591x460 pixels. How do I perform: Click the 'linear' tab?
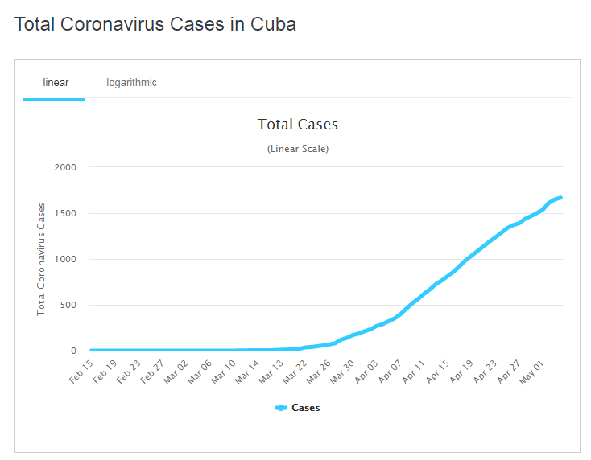point(56,83)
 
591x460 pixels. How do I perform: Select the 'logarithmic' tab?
point(131,83)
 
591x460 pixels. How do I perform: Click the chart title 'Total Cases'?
point(297,125)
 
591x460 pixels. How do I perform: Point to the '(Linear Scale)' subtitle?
point(297,149)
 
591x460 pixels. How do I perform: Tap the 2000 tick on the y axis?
point(65,167)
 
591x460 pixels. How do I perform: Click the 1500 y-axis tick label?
point(65,213)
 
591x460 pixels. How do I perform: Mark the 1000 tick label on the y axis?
point(65,259)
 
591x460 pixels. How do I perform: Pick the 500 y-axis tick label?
point(68,305)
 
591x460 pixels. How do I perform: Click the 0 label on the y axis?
point(73,351)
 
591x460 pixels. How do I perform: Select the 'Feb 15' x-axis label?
point(81,372)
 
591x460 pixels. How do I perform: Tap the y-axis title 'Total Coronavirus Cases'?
point(41,259)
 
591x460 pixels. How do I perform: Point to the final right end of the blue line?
point(560,197)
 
